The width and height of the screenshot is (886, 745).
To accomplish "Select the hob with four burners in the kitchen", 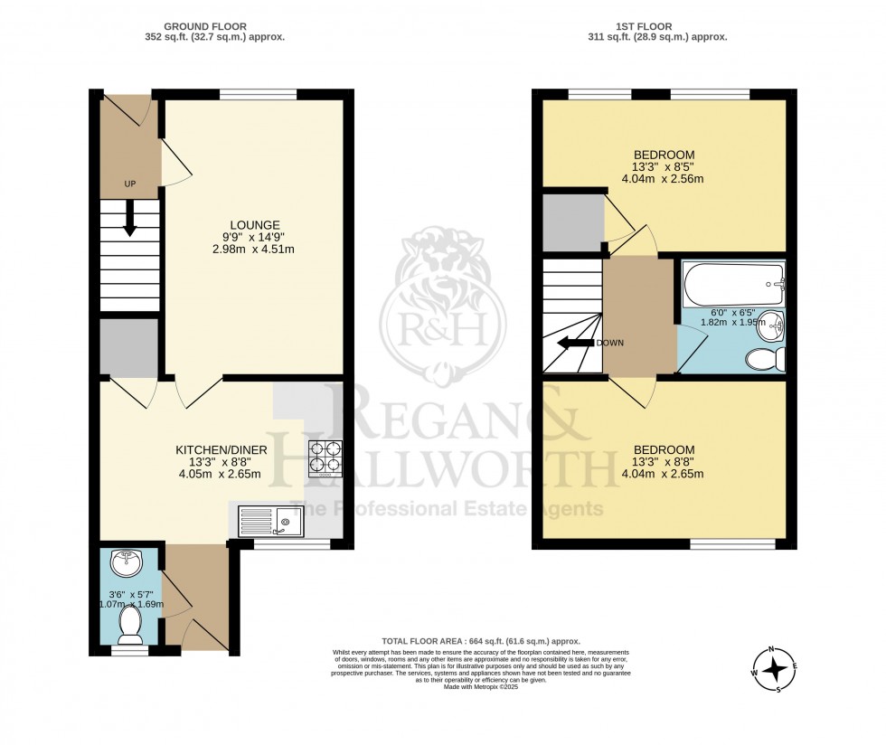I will (325, 457).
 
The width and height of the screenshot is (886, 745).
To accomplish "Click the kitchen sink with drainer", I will (271, 522).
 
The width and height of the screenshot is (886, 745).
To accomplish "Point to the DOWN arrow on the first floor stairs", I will (572, 343).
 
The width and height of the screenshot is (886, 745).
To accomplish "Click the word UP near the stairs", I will (130, 184).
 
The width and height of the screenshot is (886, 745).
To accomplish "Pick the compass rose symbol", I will (775, 669).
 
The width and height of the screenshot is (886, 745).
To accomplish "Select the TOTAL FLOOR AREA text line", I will (480, 640).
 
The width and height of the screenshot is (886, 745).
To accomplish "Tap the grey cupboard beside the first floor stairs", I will (572, 222).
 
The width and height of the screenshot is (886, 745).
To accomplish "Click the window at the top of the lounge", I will (259, 93).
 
